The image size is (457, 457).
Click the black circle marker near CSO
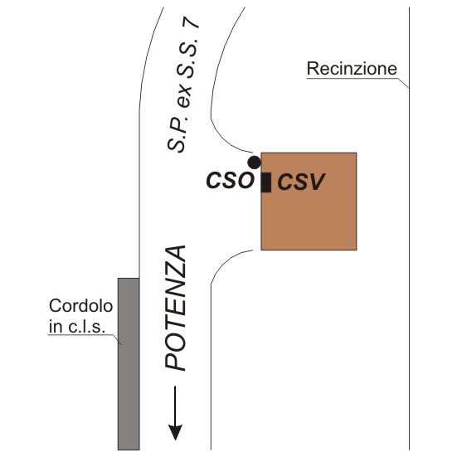tap(254, 163)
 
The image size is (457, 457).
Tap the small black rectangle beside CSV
tap(266, 182)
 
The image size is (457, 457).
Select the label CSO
tap(230, 181)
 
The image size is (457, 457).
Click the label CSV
tap(301, 182)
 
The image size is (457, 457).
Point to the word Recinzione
tap(352, 69)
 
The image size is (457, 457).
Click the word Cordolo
tap(80, 306)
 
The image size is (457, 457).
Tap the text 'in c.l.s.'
tap(76, 327)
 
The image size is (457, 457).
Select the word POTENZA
tap(176, 309)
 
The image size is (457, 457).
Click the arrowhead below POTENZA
tap(175, 432)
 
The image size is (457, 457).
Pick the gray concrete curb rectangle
tap(129, 364)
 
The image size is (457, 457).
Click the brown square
tap(309, 202)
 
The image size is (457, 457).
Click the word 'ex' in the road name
tap(184, 98)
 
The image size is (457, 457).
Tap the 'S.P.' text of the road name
tap(177, 134)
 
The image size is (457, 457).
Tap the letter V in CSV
tap(316, 182)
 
